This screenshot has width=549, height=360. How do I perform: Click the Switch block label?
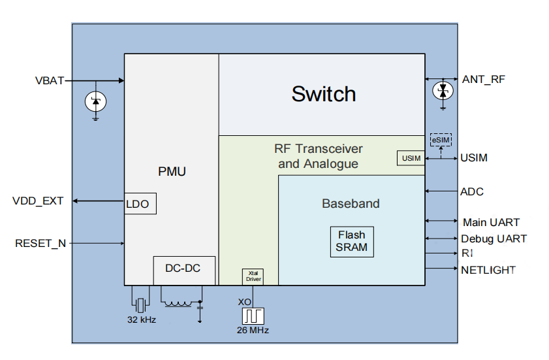click(x=324, y=94)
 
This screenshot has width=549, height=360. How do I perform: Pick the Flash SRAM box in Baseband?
click(x=351, y=241)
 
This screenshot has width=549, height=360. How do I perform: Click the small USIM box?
click(x=411, y=158)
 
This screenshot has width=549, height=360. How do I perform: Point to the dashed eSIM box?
click(x=441, y=140)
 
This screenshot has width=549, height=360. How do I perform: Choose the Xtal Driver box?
click(x=253, y=276)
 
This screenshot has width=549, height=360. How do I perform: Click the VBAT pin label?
click(x=49, y=81)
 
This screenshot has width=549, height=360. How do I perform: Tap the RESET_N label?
click(x=40, y=244)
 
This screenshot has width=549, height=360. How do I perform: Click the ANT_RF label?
click(x=483, y=79)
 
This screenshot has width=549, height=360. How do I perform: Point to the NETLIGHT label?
click(x=488, y=270)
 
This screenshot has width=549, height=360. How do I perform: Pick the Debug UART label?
click(x=494, y=239)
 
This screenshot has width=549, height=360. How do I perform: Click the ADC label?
click(x=472, y=192)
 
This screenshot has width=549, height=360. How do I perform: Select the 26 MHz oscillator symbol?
click(x=252, y=316)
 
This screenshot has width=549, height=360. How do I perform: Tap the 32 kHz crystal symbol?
click(x=140, y=305)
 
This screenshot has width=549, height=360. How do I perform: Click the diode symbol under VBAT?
click(x=96, y=101)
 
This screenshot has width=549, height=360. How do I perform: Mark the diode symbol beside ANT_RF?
click(x=443, y=91)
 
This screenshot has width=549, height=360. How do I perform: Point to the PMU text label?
click(x=172, y=172)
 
